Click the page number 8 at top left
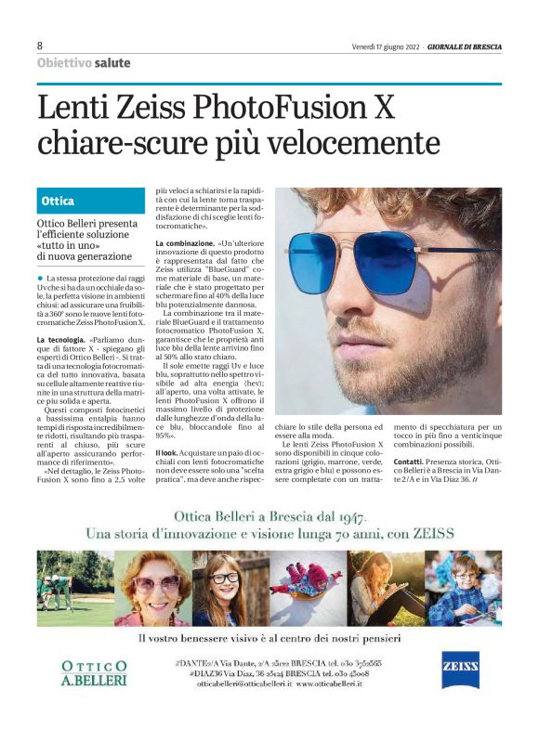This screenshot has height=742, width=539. tap(40, 46)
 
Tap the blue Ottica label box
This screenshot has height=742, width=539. tap(91, 201)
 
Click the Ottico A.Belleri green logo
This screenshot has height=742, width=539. tap(94, 672)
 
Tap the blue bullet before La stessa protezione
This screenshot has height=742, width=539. tap(41, 278)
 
